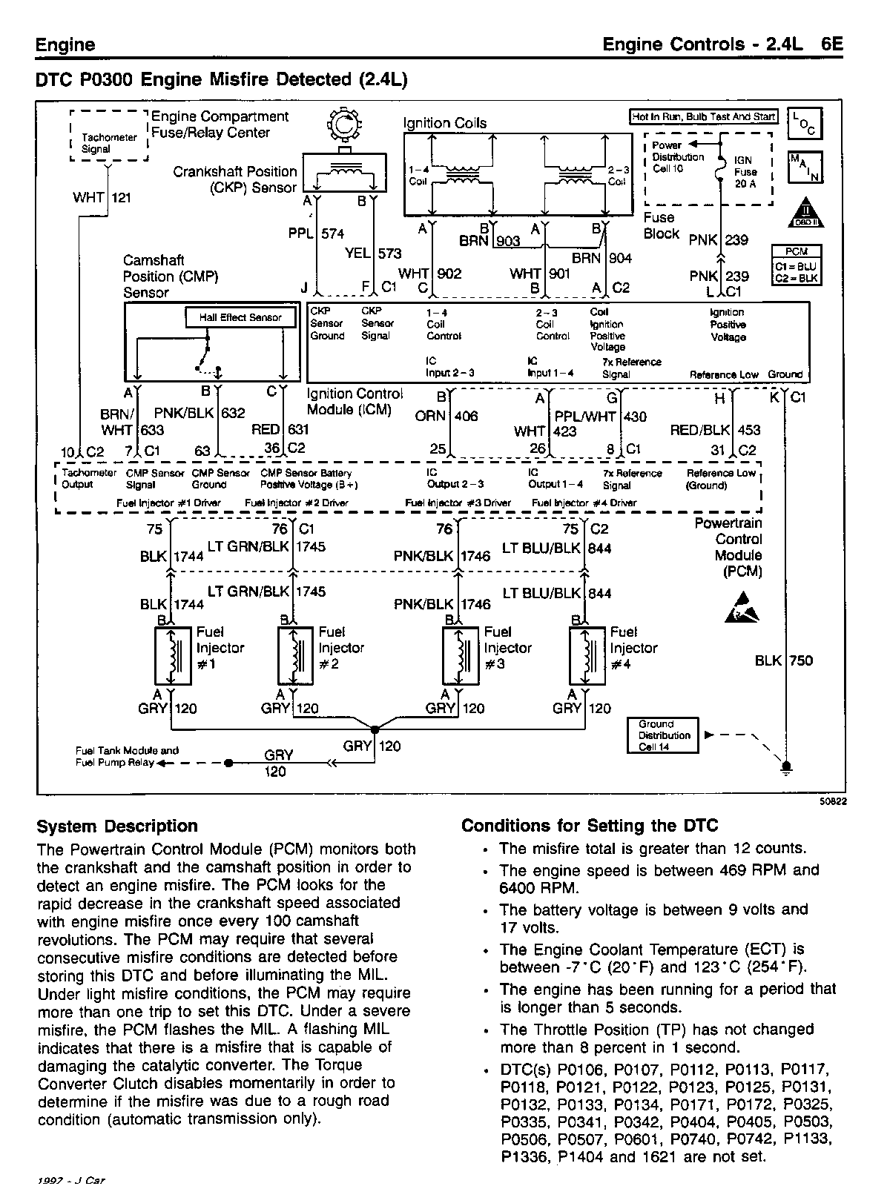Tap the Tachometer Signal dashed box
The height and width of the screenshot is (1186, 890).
pos(109,136)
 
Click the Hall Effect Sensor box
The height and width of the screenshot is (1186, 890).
pos(240,317)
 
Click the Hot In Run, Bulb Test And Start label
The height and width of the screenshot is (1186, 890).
pos(703,116)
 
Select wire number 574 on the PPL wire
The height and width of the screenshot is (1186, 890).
pos(333,233)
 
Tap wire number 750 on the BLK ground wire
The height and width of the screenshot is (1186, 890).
pos(801,660)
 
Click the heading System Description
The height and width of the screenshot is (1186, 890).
pos(117,826)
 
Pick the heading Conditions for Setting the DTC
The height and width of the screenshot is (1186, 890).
pos(590,826)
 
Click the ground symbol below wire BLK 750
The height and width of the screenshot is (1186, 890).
pos(786,766)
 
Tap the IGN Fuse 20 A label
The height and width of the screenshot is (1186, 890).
pos(745,171)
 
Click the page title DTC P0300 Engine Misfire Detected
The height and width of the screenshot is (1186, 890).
pos(222,79)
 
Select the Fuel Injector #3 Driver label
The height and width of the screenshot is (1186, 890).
pos(458,503)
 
